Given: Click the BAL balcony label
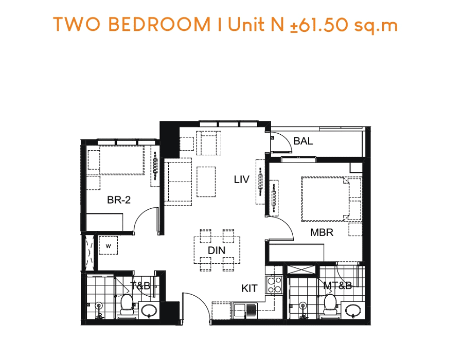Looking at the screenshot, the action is (303, 141).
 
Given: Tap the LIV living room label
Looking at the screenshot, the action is (242, 179).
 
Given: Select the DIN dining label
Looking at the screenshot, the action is (217, 250).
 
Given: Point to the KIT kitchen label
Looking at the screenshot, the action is (250, 289).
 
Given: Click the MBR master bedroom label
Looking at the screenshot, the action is (322, 232).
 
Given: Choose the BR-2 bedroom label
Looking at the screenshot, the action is (119, 200).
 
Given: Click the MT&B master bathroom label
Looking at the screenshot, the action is (337, 285).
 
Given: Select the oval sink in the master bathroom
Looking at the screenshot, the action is (353, 311).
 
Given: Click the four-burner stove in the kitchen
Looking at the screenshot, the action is (274, 285).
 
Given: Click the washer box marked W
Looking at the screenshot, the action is (109, 245).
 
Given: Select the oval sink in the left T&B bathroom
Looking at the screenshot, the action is (149, 311).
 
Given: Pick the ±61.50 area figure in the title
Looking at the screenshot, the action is (319, 25).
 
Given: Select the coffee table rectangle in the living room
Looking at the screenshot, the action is (206, 182).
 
